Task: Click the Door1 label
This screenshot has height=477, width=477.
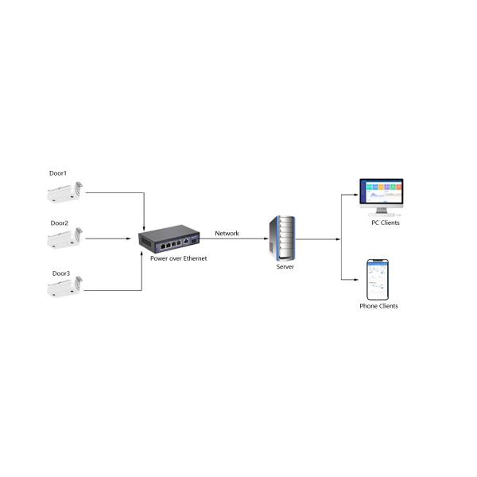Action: click(58, 173)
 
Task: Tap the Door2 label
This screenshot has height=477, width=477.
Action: click(60, 223)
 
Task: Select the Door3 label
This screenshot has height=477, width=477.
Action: click(61, 273)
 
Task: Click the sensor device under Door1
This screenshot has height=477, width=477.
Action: click(65, 192)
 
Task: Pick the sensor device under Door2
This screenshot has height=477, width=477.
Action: click(65, 238)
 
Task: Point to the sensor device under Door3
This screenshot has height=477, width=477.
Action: click(65, 286)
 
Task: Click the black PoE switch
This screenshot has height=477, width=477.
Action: click(169, 238)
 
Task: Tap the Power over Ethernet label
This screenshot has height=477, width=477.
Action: click(179, 258)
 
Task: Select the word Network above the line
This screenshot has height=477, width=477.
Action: click(227, 233)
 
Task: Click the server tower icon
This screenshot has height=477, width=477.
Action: click(282, 238)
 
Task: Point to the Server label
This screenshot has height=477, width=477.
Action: click(285, 267)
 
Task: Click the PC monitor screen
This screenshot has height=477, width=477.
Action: click(382, 192)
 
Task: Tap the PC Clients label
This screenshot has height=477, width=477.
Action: click(386, 223)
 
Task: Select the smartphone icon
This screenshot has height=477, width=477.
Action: click(378, 280)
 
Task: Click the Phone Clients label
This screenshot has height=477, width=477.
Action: click(378, 306)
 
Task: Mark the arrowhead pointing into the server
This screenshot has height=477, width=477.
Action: click(266, 238)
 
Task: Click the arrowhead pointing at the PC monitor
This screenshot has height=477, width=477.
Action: click(356, 195)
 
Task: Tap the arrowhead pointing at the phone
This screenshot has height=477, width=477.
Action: click(356, 280)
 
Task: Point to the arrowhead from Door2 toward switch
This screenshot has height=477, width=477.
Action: click(128, 238)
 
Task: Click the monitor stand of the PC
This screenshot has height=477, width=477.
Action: click(382, 211)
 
